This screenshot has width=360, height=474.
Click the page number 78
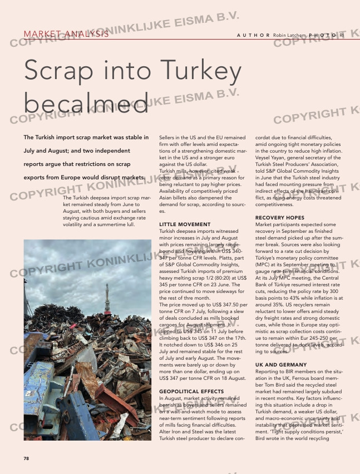(26, 458)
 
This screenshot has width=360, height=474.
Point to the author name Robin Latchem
(290, 35)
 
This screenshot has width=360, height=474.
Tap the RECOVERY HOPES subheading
(279, 217)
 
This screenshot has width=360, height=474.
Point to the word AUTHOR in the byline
(254, 35)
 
